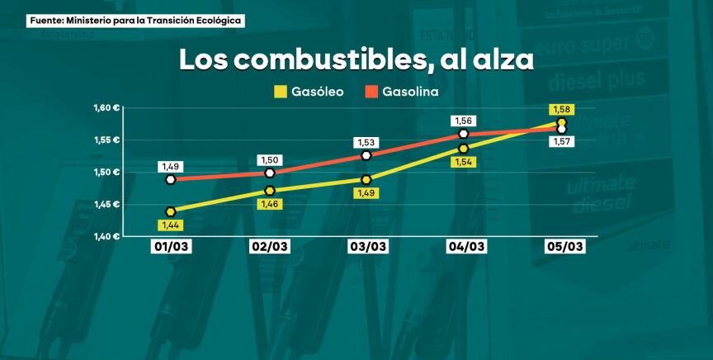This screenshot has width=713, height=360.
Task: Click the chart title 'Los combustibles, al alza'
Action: pyautogui.click(x=356, y=59)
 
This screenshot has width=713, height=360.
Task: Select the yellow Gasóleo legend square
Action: pyautogui.click(x=279, y=92)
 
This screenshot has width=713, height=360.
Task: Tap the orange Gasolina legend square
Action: pyautogui.click(x=371, y=92)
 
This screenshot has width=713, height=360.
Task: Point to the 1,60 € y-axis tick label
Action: pyautogui.click(x=107, y=108)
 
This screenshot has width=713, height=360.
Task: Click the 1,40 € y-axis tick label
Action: pyautogui.click(x=107, y=237)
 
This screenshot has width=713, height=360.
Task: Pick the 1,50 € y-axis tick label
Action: pyautogui.click(x=107, y=173)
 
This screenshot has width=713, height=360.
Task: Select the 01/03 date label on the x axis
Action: pyautogui.click(x=172, y=247)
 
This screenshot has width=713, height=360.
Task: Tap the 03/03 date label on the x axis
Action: pyautogui.click(x=367, y=247)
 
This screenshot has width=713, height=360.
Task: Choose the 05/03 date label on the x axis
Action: pyautogui.click(x=565, y=247)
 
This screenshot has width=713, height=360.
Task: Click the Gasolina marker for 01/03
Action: pyautogui.click(x=171, y=179)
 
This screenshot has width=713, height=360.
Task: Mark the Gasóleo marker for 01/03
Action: pyautogui.click(x=171, y=212)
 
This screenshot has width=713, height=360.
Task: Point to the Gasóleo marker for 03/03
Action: pyautogui.click(x=366, y=180)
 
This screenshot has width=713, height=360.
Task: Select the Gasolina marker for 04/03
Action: pyautogui.click(x=464, y=134)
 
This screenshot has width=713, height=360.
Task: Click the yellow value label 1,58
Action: pyautogui.click(x=561, y=110)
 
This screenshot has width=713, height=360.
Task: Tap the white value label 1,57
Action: pyautogui.click(x=562, y=142)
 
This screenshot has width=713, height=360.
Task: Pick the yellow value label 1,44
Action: pyautogui.click(x=172, y=225)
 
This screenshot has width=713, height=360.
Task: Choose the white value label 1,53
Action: pyautogui.click(x=366, y=143)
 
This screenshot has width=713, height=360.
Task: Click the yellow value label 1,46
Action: pyautogui.click(x=270, y=204)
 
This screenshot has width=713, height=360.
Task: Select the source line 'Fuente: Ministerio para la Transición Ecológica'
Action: pyautogui.click(x=136, y=20)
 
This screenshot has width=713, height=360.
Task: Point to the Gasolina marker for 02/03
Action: pyautogui.click(x=269, y=173)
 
